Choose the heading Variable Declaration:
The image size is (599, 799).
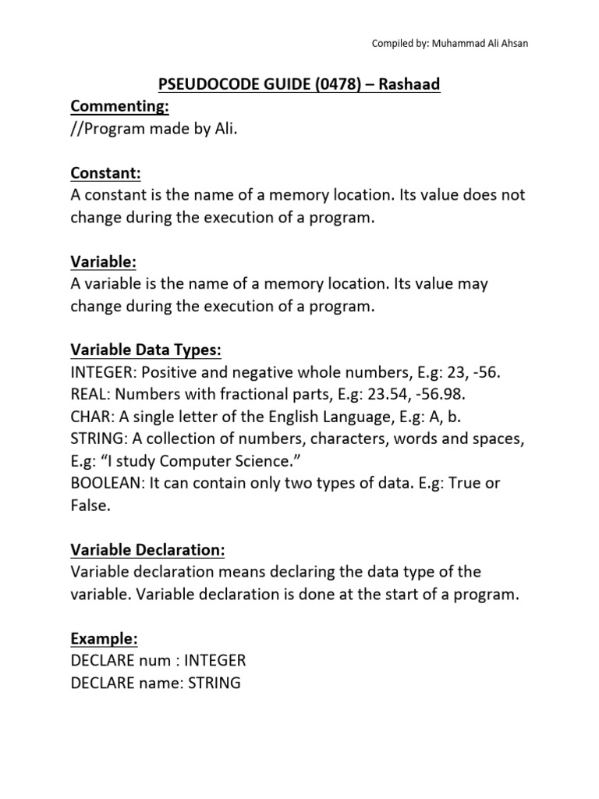[x=147, y=550]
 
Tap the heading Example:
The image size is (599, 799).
[x=104, y=639]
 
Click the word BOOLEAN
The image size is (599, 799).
[x=105, y=483]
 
